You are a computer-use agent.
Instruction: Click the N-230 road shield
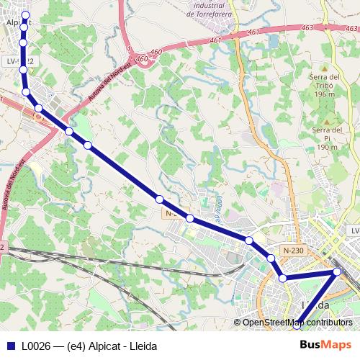tap(294, 250)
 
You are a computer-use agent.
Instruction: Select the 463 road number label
tap(307, 28)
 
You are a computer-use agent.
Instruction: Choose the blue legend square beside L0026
tap(10, 346)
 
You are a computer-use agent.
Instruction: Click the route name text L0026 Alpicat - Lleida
tap(89, 346)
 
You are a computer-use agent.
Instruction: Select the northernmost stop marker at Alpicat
tap(26, 15)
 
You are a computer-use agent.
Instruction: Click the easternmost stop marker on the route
tap(337, 272)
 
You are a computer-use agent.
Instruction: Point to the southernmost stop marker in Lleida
tap(299, 325)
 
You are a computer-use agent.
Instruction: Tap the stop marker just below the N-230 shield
tap(271, 258)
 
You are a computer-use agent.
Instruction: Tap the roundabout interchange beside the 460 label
tap(145, 62)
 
